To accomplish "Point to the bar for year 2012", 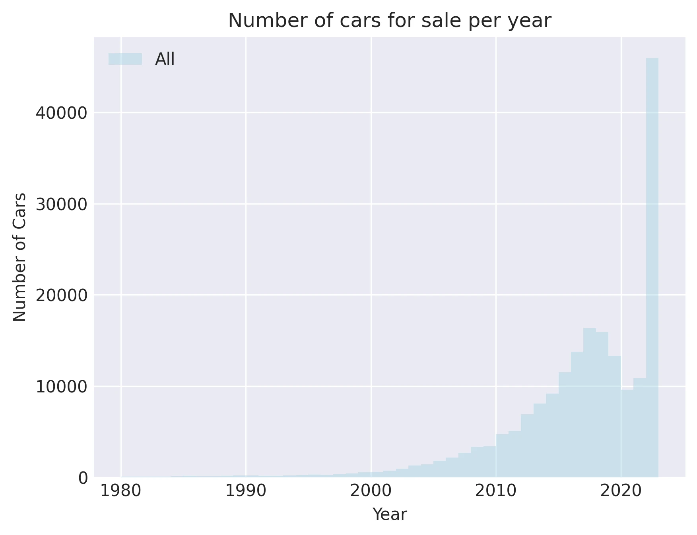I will tap(527, 445).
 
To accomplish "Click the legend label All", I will tap(165, 59).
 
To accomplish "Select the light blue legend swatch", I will tap(125, 59).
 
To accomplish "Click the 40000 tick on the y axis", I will tap(61, 113).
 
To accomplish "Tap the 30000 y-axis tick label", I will tap(61, 204).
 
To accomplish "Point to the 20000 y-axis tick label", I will tap(61, 295).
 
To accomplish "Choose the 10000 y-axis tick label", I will tap(61, 386).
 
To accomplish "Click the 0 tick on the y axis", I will tap(83, 478).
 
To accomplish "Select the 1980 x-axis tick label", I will tap(120, 491).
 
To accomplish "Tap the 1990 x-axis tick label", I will tap(246, 491).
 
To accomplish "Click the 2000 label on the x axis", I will tap(371, 491).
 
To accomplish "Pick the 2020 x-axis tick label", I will tap(621, 491).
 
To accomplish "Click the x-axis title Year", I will tap(389, 515).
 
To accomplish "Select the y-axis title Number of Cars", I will tap(19, 257).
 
